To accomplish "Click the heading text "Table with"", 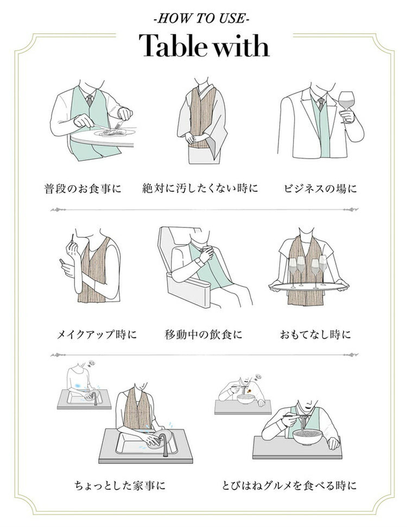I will (203, 46).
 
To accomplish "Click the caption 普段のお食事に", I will (82, 189).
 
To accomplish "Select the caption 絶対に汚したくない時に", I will (200, 189).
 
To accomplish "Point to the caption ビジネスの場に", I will (320, 189).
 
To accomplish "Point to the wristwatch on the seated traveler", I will (199, 261).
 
